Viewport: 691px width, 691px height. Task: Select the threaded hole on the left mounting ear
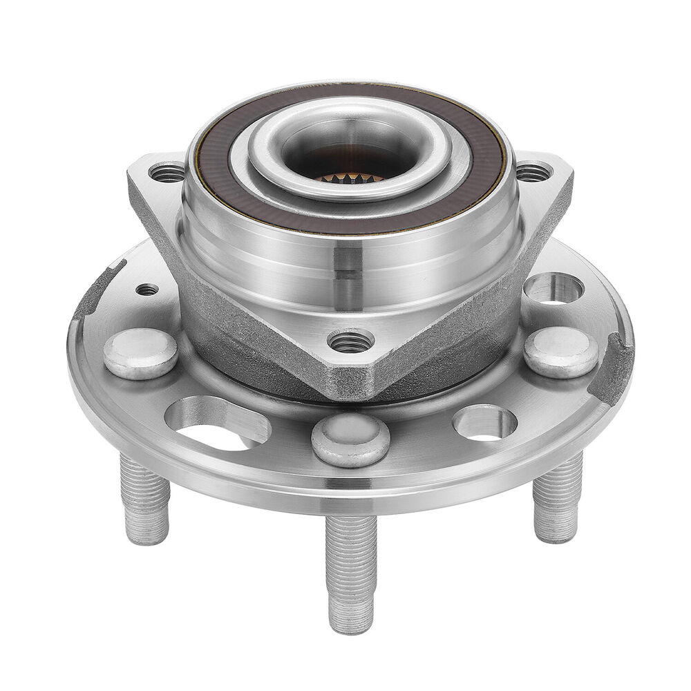click(167, 172)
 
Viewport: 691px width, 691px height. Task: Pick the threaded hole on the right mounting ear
click(533, 171)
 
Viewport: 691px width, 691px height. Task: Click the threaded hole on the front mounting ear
click(350, 341)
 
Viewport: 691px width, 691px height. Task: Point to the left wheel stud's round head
click(140, 353)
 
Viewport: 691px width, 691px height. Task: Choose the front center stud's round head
click(350, 439)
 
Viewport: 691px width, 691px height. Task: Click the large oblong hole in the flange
click(217, 423)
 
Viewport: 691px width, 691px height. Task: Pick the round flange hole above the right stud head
click(553, 288)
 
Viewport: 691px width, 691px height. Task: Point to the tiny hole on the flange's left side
click(147, 289)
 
